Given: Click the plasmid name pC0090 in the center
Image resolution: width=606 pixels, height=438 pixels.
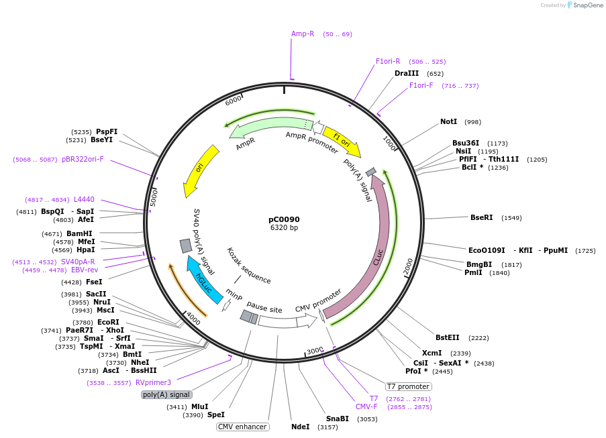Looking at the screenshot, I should (284, 219).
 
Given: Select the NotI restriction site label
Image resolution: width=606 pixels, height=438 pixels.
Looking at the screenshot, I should (448, 122).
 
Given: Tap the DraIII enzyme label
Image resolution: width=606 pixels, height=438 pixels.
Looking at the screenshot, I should (407, 73).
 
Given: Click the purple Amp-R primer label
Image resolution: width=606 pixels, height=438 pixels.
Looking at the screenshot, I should (303, 34).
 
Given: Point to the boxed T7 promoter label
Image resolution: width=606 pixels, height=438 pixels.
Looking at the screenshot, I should (408, 386).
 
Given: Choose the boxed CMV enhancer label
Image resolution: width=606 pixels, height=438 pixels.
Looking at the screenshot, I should (242, 427).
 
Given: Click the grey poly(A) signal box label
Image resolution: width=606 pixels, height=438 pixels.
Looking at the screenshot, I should (166, 395).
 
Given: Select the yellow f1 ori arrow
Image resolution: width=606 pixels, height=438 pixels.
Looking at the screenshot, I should (342, 141).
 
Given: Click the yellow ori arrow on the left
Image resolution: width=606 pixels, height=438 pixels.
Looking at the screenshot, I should (201, 170).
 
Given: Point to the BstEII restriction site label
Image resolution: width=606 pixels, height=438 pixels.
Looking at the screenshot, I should (448, 338).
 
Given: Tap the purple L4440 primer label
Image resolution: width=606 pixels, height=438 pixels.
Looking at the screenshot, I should (84, 200).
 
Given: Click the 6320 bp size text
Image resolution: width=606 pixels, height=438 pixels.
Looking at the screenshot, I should (284, 228).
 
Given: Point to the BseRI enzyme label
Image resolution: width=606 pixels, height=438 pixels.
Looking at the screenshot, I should (481, 217).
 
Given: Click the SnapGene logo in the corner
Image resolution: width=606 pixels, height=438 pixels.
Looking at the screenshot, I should (583, 5).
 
